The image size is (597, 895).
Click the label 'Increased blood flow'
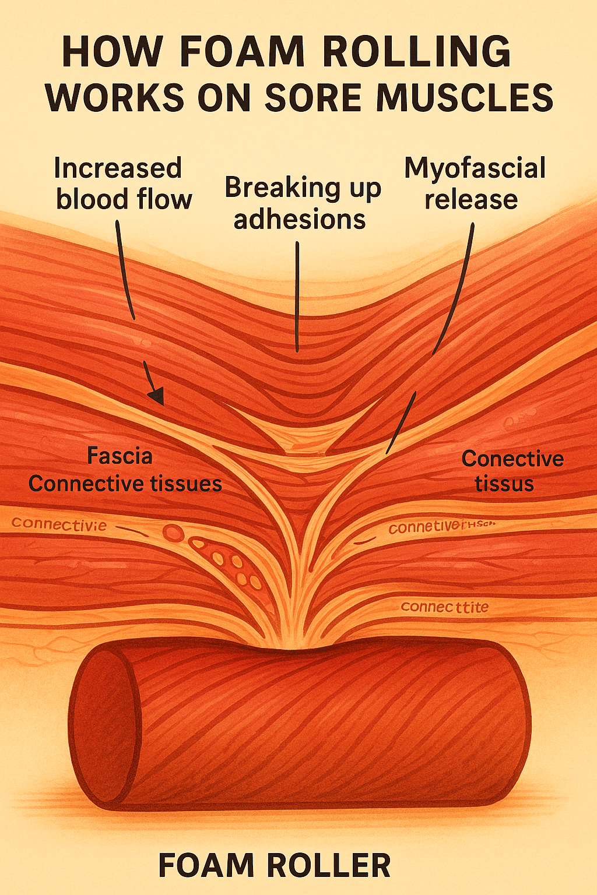[123, 184]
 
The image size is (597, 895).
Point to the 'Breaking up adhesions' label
[303, 203]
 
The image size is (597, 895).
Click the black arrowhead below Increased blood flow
[156, 397]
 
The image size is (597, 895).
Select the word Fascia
[120, 456]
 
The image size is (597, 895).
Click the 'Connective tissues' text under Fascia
[125, 484]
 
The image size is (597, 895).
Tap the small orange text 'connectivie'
[59, 524]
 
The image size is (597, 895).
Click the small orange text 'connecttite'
[444, 607]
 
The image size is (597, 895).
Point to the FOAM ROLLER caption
[274, 865]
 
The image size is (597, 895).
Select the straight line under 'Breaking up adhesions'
[297, 297]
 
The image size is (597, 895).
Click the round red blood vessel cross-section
[173, 532]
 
